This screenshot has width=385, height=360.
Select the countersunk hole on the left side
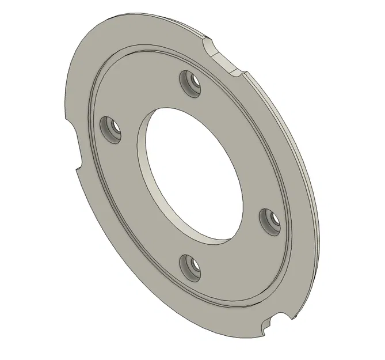(110, 128)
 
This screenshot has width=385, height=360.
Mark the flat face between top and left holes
(141, 98)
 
